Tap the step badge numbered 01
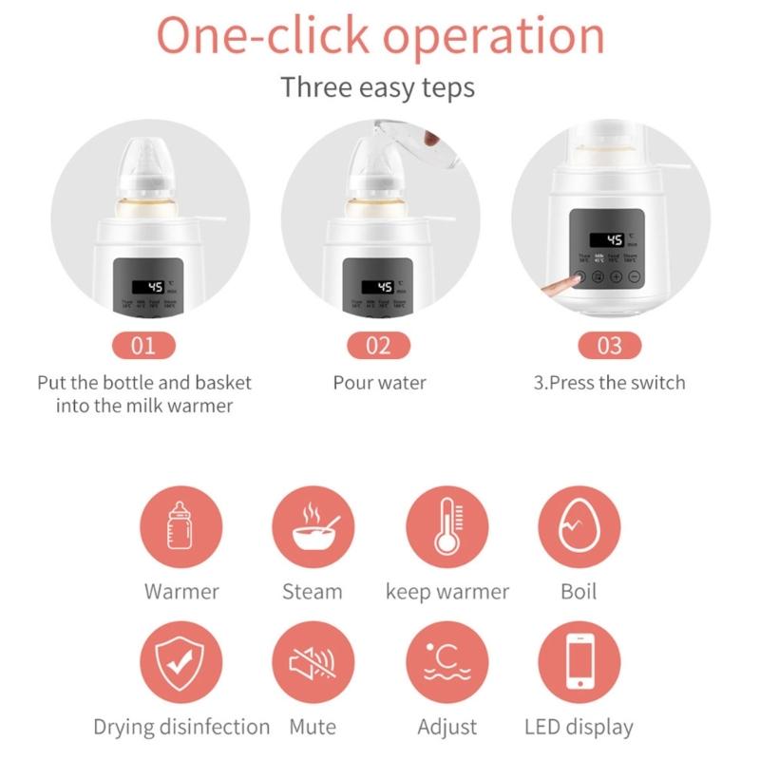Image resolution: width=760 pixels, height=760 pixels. [x=144, y=344]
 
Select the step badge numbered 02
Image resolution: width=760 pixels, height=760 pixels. [x=379, y=344]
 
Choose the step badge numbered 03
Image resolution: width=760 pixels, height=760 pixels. [x=609, y=344]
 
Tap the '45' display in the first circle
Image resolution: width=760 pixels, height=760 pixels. [x=152, y=286]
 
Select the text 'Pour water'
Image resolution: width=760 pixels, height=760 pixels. [x=379, y=384]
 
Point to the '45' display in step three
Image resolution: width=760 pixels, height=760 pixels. [x=615, y=240]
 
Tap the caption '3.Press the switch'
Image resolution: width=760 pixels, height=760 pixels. [x=609, y=384]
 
